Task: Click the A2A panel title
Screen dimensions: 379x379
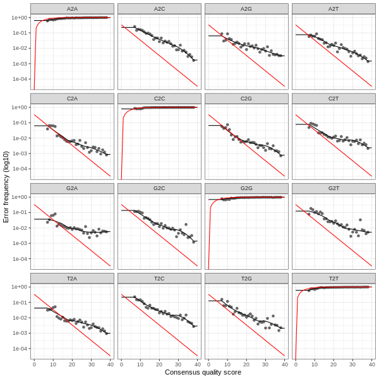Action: tap(72, 8)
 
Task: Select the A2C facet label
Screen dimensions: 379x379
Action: tap(159, 8)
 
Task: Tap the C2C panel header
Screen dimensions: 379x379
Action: tap(159, 99)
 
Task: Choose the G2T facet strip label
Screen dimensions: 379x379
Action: tap(334, 188)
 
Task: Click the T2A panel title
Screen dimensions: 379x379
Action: tap(72, 278)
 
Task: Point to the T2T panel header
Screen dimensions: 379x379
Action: tap(334, 278)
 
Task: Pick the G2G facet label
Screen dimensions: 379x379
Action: tap(246, 188)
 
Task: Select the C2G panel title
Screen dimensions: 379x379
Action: tap(246, 99)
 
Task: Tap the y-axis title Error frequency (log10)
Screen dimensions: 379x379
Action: tap(6, 187)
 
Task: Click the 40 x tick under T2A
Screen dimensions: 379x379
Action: tap(110, 364)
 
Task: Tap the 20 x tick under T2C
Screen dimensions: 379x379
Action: tap(159, 364)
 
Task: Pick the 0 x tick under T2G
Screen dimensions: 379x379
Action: tap(208, 364)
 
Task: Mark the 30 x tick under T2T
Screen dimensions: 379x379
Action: tap(352, 364)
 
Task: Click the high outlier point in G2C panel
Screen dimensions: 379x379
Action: tap(186, 224)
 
